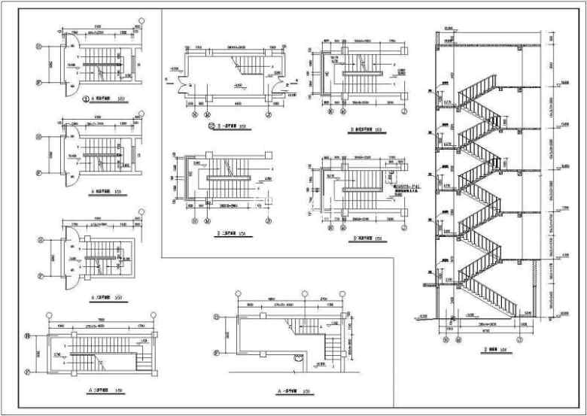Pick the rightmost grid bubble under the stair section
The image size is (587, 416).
519,339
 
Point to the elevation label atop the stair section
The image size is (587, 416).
449,29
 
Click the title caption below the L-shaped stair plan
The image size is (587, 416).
292,391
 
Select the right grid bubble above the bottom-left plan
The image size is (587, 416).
153,314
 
